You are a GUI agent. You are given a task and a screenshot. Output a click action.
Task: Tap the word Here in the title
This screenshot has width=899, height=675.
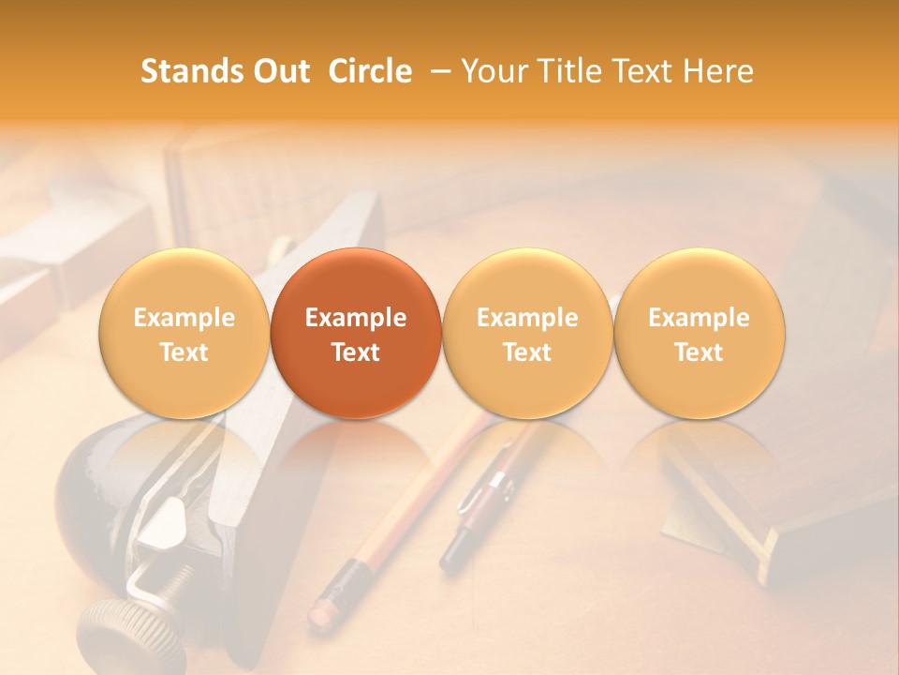[x=720, y=71]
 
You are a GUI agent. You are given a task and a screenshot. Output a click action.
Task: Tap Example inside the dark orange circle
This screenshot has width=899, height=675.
[x=355, y=318]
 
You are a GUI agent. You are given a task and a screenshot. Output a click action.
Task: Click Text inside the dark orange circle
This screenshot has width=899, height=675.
[x=355, y=352]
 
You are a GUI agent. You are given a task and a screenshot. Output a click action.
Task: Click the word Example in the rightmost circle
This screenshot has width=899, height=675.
[x=699, y=318]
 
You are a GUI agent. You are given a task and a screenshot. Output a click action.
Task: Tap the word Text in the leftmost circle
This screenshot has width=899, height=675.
[x=184, y=352]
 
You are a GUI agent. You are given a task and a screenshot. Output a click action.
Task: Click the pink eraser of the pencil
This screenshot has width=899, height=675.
[x=322, y=612]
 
